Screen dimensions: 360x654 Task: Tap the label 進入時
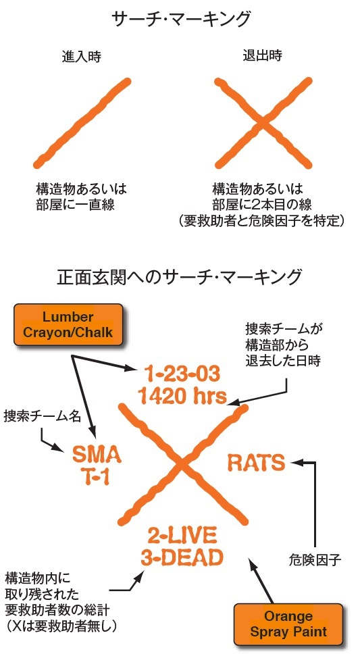pos(81,57)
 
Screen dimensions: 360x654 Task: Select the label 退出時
pos(263,55)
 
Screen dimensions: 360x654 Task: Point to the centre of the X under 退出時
pos(263,123)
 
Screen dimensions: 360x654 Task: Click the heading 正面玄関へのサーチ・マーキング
pos(179,277)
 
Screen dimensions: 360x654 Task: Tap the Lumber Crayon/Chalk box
pos(68,324)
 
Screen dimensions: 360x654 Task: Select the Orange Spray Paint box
pos(288,624)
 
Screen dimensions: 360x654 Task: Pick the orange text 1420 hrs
pos(182,396)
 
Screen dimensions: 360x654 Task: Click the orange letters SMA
pos(97,455)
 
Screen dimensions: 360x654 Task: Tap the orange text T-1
pos(97,476)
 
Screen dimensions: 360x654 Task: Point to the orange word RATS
pos(257,463)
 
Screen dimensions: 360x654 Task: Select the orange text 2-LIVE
pos(182,536)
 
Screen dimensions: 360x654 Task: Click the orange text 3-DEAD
pos(182,557)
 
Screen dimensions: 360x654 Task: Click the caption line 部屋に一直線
pos(75,205)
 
